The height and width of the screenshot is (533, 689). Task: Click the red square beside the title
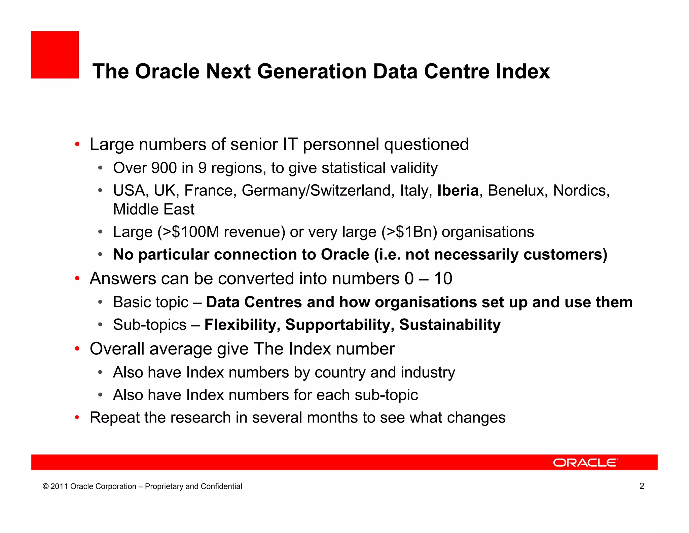tap(55, 55)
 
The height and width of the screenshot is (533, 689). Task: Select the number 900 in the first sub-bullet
tap(164, 168)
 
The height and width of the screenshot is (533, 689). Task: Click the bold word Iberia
tap(458, 191)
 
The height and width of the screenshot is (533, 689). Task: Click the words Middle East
tap(154, 209)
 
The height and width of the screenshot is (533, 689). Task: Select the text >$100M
tap(190, 232)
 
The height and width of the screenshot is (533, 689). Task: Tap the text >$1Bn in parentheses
tap(409, 232)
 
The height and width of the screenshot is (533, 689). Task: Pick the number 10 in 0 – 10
tap(443, 279)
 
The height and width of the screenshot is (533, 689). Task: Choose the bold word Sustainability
tap(450, 325)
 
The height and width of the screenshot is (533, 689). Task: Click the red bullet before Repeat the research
tap(77, 418)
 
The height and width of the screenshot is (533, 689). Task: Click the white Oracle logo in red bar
tap(585, 463)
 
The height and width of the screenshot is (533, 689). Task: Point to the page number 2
tap(642, 486)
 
